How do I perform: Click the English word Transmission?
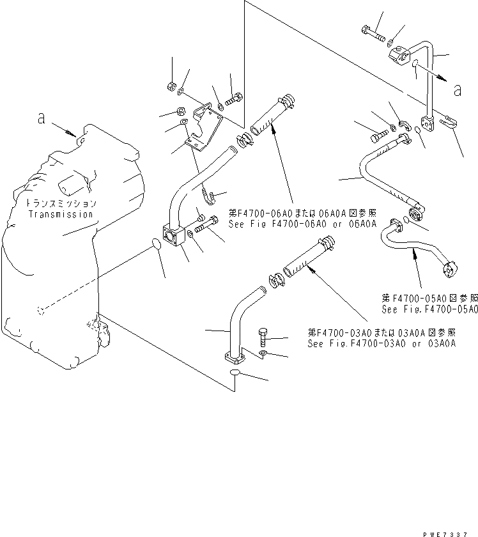(x=61, y=214)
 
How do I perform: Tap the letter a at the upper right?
(x=457, y=90)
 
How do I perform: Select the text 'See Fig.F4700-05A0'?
(x=429, y=309)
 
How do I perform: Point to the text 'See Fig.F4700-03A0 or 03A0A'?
(x=382, y=343)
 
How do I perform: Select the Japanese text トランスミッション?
(x=61, y=204)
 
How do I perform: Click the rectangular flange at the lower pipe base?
(x=235, y=359)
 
